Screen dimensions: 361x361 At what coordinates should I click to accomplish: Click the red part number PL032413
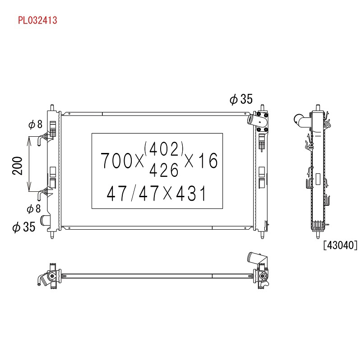37,20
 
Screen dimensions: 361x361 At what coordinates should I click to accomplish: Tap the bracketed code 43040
340,245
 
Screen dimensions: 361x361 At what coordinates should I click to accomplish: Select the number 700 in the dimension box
116,161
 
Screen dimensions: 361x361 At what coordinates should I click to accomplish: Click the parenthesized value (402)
164,149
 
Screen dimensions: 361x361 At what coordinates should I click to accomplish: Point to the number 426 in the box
164,170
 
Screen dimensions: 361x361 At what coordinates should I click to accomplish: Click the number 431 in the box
191,193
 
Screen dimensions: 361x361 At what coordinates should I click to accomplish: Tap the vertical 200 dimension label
18,166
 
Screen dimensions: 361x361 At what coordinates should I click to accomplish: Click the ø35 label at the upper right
241,99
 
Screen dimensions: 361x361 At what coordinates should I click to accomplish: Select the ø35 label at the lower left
24,227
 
